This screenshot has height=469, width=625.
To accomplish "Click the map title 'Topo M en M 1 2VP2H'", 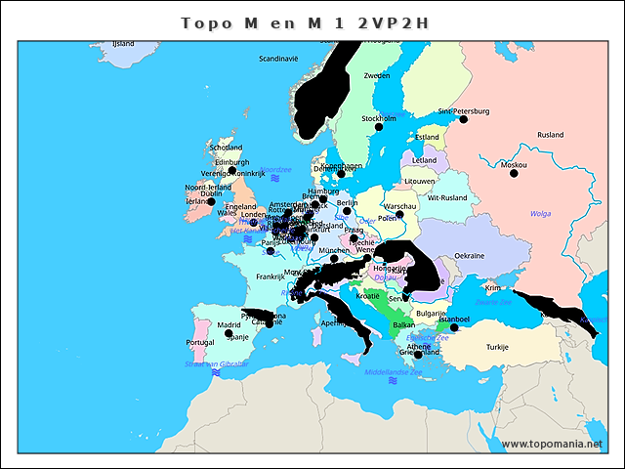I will (x=306, y=22).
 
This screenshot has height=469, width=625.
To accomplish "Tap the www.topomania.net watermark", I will (x=552, y=444).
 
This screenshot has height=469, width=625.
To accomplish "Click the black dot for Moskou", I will (x=514, y=175).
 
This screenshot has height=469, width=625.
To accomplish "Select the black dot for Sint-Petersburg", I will (x=463, y=119).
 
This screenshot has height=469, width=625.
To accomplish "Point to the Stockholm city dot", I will (x=380, y=127).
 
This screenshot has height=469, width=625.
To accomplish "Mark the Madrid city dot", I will (x=229, y=333).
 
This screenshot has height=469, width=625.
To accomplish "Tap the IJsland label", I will (x=123, y=44).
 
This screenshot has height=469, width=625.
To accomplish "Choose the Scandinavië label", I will (x=277, y=59).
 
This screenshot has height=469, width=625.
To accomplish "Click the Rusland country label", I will (x=550, y=135).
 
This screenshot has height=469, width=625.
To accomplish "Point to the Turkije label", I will (x=498, y=347).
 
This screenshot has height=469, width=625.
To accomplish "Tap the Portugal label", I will (x=199, y=343).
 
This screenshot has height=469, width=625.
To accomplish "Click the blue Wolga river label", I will (x=540, y=213).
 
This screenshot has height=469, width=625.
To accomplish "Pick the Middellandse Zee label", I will (x=391, y=372).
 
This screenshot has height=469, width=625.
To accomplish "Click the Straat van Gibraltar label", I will (x=217, y=363).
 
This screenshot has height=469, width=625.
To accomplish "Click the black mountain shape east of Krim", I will (x=552, y=308).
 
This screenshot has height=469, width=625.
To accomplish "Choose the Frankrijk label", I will (x=271, y=277).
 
